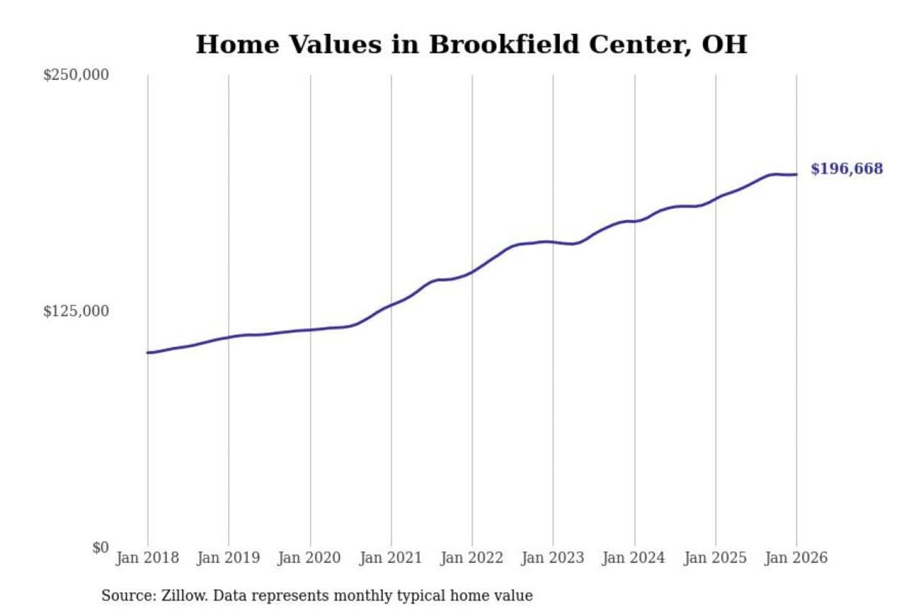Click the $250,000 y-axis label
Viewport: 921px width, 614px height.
tap(76, 75)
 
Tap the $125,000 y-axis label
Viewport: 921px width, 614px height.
tap(76, 311)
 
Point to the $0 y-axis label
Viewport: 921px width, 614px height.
tap(100, 547)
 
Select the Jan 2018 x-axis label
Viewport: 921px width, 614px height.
tap(147, 558)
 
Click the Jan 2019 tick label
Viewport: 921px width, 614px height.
tap(228, 558)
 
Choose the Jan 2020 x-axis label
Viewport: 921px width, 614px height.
tap(310, 558)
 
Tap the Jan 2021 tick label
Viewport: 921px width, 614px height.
tap(391, 558)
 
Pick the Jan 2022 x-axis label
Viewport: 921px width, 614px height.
tap(472, 558)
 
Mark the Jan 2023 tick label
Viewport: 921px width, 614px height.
tap(553, 558)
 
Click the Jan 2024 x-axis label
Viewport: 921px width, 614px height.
tap(634, 558)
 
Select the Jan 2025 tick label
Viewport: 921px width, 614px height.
tap(715, 558)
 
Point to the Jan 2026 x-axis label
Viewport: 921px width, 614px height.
tap(796, 558)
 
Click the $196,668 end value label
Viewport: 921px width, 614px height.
tap(847, 169)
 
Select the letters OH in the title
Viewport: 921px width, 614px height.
tap(725, 45)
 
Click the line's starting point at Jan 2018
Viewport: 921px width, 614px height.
tap(148, 352)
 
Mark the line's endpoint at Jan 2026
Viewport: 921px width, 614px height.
tap(796, 174)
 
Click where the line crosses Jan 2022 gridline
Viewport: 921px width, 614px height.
tap(473, 272)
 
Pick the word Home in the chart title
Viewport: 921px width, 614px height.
tap(237, 45)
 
